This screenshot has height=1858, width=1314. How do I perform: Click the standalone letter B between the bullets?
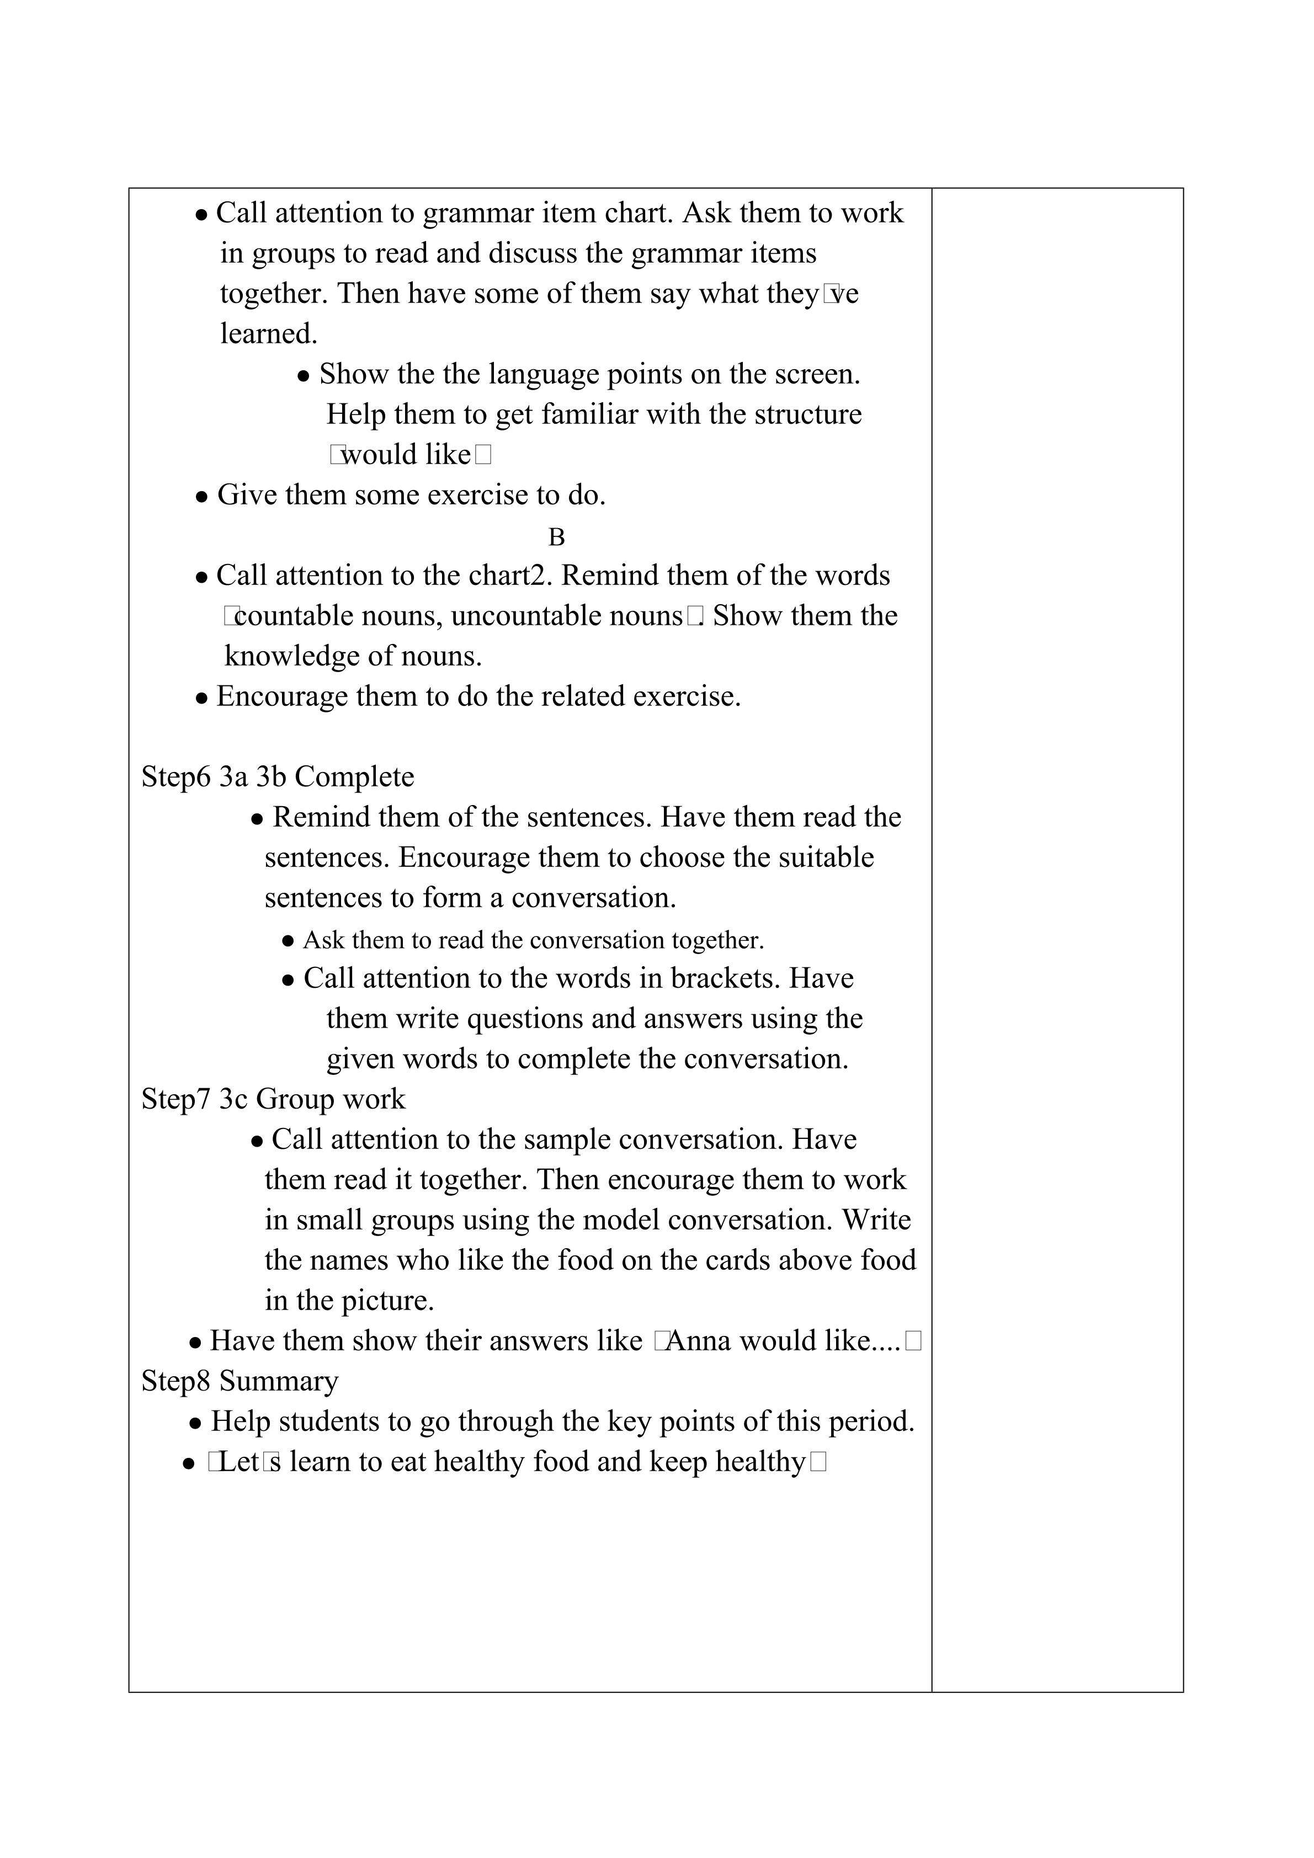click(557, 538)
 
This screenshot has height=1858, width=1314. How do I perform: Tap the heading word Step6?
click(175, 777)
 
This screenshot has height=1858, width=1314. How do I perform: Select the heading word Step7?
click(175, 1099)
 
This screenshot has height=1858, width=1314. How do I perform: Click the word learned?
click(269, 333)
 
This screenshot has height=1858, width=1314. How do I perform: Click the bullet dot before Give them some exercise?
click(203, 497)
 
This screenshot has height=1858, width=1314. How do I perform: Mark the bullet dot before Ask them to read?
click(288, 942)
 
